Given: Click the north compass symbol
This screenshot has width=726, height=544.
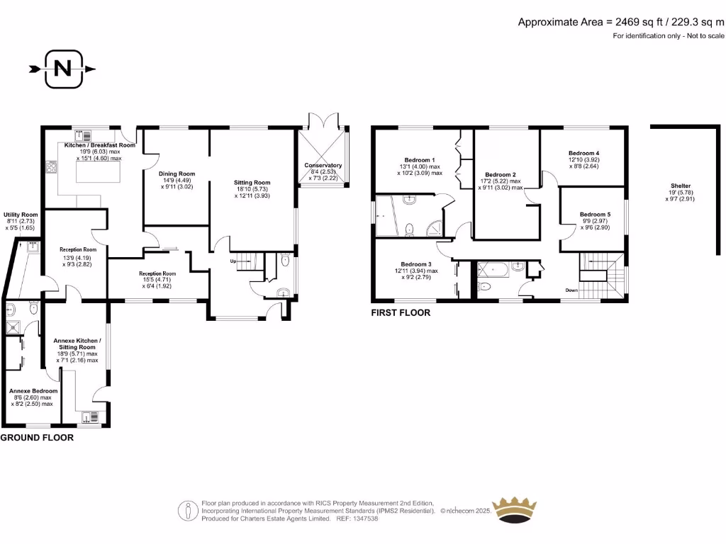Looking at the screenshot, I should coord(62,69).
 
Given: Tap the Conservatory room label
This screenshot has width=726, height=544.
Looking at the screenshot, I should coord(323,166).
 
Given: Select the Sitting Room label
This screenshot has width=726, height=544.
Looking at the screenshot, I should coord(252,183).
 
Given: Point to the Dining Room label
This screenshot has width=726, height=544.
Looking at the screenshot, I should coord(177,174).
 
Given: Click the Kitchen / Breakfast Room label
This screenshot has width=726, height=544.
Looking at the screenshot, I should coord(99,145).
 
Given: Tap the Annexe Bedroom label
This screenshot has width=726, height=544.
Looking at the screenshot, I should coord(33,391).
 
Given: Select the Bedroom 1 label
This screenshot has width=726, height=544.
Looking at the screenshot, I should coord(420,159).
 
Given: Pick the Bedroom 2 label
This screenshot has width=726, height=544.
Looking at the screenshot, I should coord(500,174).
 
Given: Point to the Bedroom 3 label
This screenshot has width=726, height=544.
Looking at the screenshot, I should coord(418,264).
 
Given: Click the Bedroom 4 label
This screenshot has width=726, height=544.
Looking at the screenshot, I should coord(583,153).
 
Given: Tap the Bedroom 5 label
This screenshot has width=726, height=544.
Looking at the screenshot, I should coord(594,215).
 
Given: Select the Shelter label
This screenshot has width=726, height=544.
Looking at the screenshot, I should coord(671,186).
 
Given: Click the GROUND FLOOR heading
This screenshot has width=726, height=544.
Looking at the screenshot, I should coord(37,438).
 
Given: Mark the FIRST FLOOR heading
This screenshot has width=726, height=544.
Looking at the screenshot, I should coord(401,312).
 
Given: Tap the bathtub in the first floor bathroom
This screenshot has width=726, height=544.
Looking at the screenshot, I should coord(493,268).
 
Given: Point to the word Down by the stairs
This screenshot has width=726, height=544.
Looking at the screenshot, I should coord(573,290).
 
